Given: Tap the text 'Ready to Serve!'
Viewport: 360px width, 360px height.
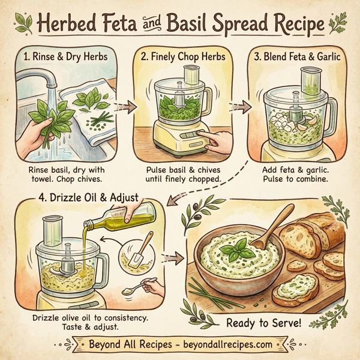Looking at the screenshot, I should click(x=262, y=323).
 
